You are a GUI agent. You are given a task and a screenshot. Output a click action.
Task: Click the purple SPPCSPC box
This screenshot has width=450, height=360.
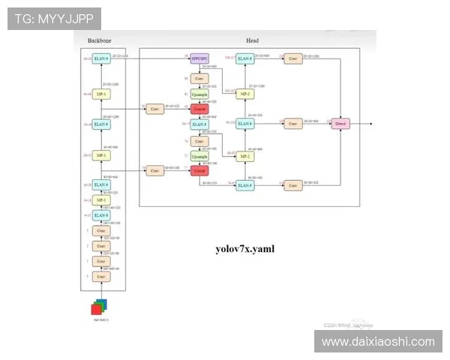tap(199, 57)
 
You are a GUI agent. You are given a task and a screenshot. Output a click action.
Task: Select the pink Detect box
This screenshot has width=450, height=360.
tap(340, 122)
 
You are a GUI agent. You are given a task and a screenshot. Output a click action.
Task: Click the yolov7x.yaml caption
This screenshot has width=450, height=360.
tap(244, 247)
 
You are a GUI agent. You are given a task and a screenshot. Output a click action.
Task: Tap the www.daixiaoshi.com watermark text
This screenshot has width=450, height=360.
tap(377, 341)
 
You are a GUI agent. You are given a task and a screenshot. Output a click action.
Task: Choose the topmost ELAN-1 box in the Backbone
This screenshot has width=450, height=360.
tap(101, 58)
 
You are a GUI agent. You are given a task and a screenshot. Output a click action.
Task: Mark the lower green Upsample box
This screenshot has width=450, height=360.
tap(199, 156)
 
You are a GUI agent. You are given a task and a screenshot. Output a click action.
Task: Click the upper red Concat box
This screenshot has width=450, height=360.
tap(199, 109)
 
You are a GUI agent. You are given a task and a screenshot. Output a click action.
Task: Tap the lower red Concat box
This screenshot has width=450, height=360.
tap(199, 171)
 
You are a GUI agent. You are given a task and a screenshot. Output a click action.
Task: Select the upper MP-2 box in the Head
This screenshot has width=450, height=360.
tap(244, 94)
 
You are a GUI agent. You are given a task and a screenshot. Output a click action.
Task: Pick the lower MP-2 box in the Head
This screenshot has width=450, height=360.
tap(244, 156)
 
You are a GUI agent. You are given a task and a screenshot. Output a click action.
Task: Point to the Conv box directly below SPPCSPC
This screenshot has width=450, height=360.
tap(199, 78)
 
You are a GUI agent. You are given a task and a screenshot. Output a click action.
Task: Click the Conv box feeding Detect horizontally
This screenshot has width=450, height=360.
tap(292, 122)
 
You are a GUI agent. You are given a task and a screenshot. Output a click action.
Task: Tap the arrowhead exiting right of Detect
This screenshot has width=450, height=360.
tap(370, 122)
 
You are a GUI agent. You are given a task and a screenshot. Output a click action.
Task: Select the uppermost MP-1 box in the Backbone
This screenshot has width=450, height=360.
tap(101, 94)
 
